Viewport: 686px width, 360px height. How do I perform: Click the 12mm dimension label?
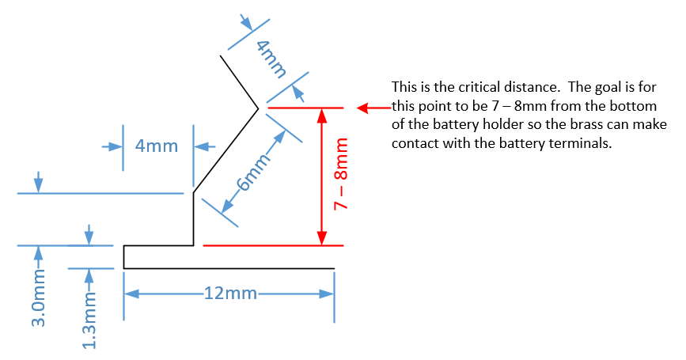pos(229,294)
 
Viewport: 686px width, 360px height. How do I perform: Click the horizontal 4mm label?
pos(157,146)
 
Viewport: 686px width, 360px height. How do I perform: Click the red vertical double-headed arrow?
pos(321,176)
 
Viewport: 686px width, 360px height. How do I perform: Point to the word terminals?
pos(578,144)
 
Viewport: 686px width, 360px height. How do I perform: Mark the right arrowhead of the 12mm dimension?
pos(326,294)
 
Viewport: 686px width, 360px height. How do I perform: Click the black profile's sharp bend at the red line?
pos(258,108)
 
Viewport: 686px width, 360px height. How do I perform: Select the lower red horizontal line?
pos(273,246)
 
